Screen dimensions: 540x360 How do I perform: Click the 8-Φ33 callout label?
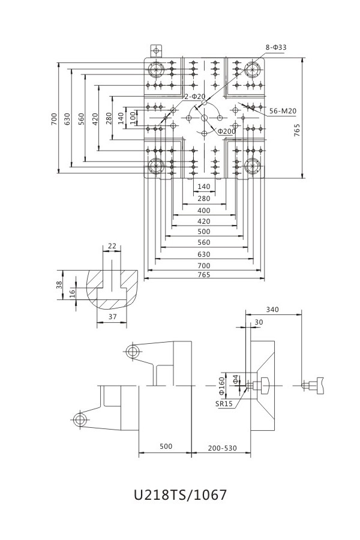[x=277, y=46]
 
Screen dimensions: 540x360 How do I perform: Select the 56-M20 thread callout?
[x=283, y=110]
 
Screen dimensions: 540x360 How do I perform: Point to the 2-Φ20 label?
[x=194, y=96]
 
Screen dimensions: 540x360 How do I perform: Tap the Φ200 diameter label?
[x=226, y=131]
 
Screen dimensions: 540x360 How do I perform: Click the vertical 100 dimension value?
[x=133, y=118]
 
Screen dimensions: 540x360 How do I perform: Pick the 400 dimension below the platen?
[x=203, y=211]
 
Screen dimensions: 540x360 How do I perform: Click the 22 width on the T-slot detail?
[x=112, y=246]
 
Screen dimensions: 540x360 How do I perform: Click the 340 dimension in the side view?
[x=272, y=310]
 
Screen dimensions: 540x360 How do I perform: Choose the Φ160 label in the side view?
[x=221, y=385]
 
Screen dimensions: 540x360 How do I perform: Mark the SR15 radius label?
[x=224, y=404]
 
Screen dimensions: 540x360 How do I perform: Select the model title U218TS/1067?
[x=180, y=495]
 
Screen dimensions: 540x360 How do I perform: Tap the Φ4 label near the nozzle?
[x=236, y=379]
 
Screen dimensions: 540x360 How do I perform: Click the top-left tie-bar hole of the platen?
[x=157, y=70]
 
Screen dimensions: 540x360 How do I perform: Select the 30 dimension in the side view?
[x=259, y=322]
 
